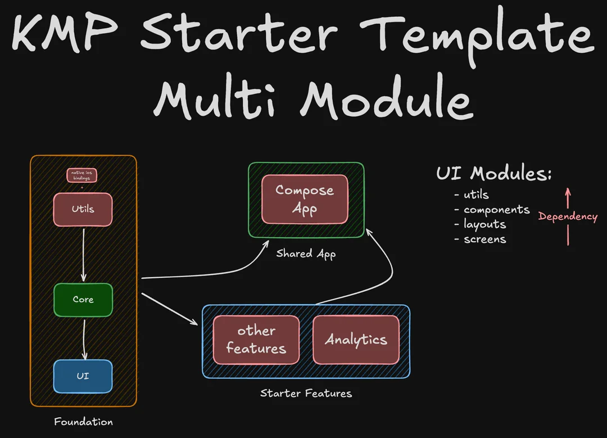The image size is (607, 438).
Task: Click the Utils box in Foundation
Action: [83, 210]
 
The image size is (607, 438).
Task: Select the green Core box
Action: [83, 300]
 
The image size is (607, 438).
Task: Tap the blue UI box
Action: [83, 376]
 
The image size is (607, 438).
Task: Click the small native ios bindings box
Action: [81, 175]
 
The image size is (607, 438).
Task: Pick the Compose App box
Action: [305, 200]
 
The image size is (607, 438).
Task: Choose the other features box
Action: [256, 340]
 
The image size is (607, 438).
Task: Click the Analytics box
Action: [356, 340]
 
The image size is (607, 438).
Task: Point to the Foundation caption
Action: [83, 422]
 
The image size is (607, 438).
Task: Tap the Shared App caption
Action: [306, 254]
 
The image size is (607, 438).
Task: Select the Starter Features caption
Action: [306, 393]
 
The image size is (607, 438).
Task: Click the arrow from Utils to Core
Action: [83, 253]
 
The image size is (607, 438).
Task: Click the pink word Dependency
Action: [568, 216]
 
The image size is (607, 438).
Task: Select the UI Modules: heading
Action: [493, 174]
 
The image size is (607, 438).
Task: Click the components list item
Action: [496, 210]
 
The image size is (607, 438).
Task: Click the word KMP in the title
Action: [67, 35]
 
